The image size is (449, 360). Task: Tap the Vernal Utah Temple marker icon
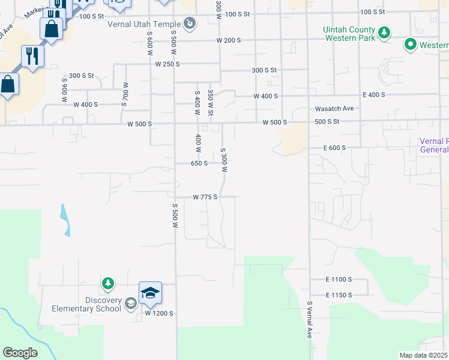189,24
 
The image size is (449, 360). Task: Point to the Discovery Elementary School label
79,305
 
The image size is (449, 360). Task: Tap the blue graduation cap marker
150,293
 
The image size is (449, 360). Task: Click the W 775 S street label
205,197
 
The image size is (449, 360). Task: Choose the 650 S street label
199,163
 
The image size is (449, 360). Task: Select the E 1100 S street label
339,280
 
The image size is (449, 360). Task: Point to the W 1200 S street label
158,313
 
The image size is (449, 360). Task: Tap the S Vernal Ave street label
310,320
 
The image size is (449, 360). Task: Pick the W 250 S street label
167,64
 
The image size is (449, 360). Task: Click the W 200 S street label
229,40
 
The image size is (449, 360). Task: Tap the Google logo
20,353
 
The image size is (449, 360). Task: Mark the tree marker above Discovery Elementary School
107,283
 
